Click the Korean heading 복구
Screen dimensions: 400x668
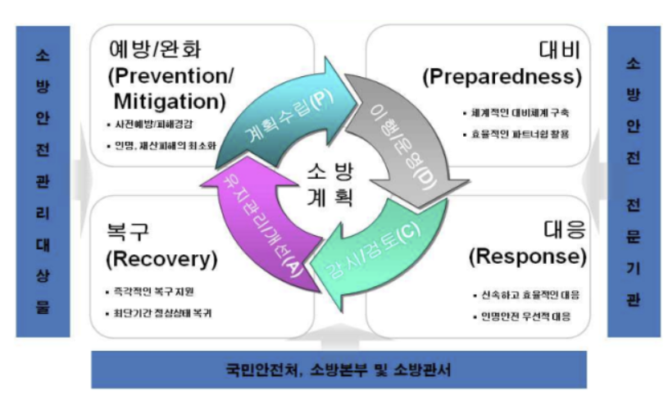click(128, 230)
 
